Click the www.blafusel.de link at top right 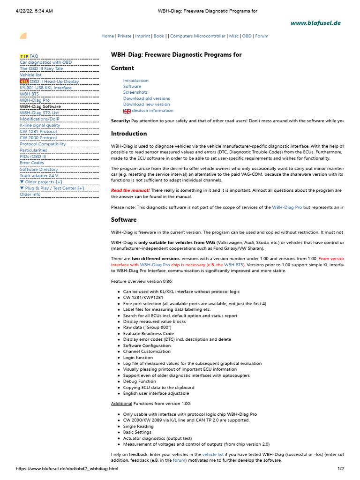click(315, 22)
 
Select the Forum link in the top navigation click(262, 36)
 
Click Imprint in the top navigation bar click(142, 36)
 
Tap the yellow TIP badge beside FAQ click(24, 56)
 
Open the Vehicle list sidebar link click(30, 75)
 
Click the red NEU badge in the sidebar click(24, 82)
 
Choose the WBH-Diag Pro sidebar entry click(35, 100)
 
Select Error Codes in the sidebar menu click(32, 163)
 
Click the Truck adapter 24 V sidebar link click(39, 175)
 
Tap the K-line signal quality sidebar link click(40, 125)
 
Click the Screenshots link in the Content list click(135, 92)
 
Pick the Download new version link click(147, 105)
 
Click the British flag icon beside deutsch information click(127, 111)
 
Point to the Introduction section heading click(129, 134)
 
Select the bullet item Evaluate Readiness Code click(148, 333)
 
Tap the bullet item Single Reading click(138, 426)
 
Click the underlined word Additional click(121, 403)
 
